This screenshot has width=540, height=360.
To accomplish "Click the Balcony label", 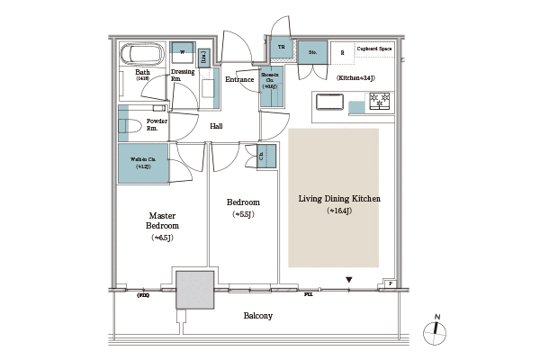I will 258,316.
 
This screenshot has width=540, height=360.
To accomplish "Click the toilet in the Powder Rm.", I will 127,125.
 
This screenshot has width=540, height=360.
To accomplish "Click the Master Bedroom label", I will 162,226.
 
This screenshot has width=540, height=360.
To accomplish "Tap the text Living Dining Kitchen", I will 333,199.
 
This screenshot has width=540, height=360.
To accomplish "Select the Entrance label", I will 239,79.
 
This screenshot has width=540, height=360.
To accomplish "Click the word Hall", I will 216,126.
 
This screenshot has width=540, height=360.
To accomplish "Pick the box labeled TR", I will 281,48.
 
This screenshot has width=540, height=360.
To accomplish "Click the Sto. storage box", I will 312,53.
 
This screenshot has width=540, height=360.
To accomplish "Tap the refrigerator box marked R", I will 342,51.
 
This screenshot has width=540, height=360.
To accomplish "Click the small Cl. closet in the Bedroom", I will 263,157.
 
